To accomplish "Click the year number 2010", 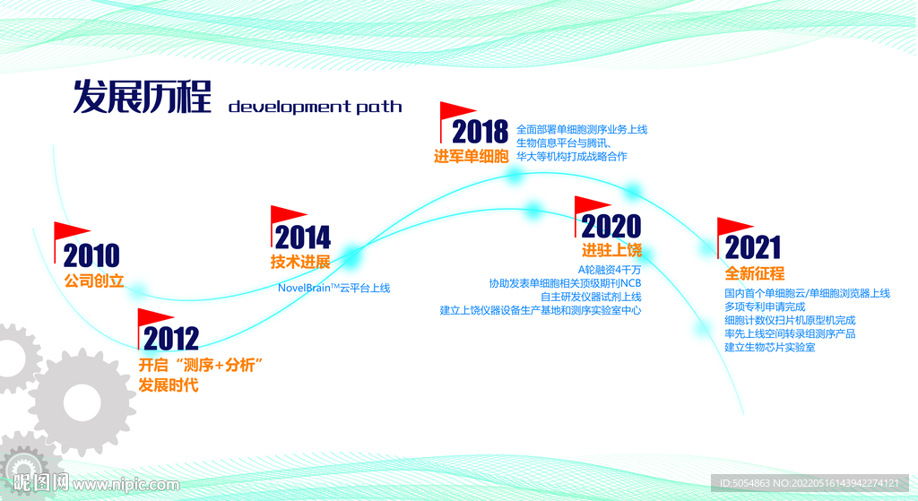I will [91, 256].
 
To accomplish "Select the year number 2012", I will [171, 339].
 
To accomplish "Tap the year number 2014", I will [302, 238].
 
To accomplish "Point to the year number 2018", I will [480, 133].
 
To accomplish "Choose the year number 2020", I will [611, 226].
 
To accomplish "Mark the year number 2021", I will [753, 247].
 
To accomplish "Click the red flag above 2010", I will [72, 231].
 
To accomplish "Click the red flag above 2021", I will [734, 226].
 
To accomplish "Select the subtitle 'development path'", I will [315, 108].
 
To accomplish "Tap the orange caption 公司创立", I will [93, 281].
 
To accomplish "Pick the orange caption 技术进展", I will [300, 262].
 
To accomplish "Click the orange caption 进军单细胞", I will [472, 156].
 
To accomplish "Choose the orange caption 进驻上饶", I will [611, 250].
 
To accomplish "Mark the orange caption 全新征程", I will [755, 273].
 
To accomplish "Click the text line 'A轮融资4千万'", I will [609, 270].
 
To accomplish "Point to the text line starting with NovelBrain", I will [333, 289].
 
